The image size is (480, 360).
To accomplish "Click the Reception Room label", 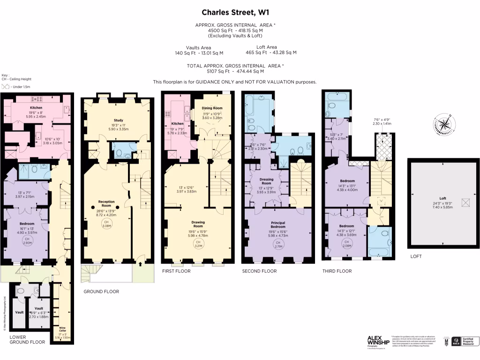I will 106,203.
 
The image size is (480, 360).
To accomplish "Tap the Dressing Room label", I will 266,180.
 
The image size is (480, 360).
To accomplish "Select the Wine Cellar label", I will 62,330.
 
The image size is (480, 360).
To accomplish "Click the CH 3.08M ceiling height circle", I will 106,224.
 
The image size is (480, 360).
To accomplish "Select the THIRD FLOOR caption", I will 337,271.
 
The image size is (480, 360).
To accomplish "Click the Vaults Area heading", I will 198,47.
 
